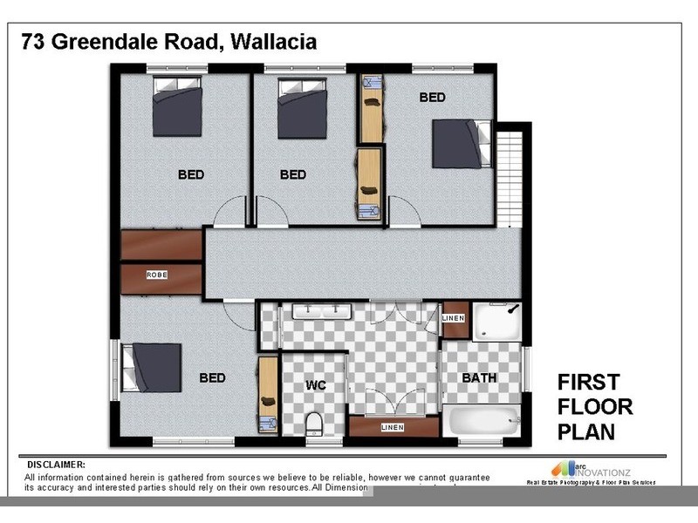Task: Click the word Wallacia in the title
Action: click(x=270, y=41)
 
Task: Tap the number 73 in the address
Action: click(x=34, y=41)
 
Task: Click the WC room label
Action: click(x=315, y=384)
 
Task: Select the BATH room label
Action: click(x=479, y=378)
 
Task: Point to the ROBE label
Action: click(x=157, y=275)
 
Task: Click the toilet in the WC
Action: click(x=315, y=425)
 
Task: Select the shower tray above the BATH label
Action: click(x=498, y=322)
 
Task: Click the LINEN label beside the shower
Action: click(x=454, y=319)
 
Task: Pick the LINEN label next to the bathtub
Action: click(x=393, y=427)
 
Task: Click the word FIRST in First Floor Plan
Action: click(x=588, y=382)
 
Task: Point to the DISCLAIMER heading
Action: click(x=57, y=465)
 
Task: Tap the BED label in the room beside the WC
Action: click(x=212, y=378)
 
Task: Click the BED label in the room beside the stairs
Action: click(x=432, y=98)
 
